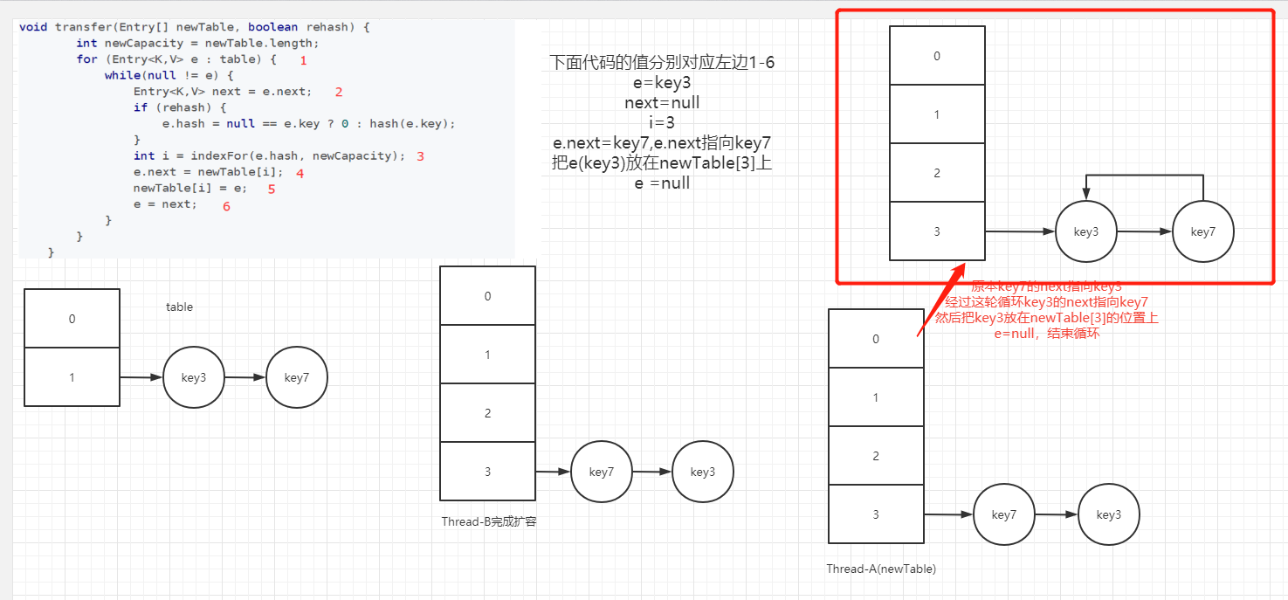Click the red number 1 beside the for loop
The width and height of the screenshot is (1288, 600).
pyautogui.click(x=303, y=60)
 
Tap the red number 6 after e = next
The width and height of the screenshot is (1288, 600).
pyautogui.click(x=227, y=206)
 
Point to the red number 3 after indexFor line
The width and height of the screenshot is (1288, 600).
pyautogui.click(x=420, y=156)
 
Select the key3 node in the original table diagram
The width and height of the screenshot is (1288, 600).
pyautogui.click(x=194, y=377)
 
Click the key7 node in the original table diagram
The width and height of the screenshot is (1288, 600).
pyautogui.click(x=297, y=377)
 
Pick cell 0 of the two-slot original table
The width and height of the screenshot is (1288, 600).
pyautogui.click(x=72, y=319)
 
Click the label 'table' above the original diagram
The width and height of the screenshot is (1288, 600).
pyautogui.click(x=179, y=307)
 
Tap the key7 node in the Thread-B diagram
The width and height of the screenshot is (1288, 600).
pyautogui.click(x=602, y=472)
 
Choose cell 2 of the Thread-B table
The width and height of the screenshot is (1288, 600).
pyautogui.click(x=487, y=413)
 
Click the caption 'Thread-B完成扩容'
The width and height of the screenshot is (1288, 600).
pyautogui.click(x=489, y=521)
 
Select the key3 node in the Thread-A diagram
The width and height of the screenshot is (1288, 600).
pyautogui.click(x=1109, y=514)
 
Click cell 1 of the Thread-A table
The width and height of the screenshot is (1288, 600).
pyautogui.click(x=876, y=397)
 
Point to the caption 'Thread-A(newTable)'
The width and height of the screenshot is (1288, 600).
pyautogui.click(x=881, y=569)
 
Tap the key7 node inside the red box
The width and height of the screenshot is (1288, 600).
pyautogui.click(x=1202, y=231)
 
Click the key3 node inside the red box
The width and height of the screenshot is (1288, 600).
pyautogui.click(x=1085, y=231)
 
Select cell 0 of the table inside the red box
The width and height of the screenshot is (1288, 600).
pyautogui.click(x=937, y=56)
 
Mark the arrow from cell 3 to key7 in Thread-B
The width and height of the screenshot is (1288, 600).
pyautogui.click(x=552, y=472)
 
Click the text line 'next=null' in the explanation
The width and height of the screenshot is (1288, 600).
pyautogui.click(x=662, y=103)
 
